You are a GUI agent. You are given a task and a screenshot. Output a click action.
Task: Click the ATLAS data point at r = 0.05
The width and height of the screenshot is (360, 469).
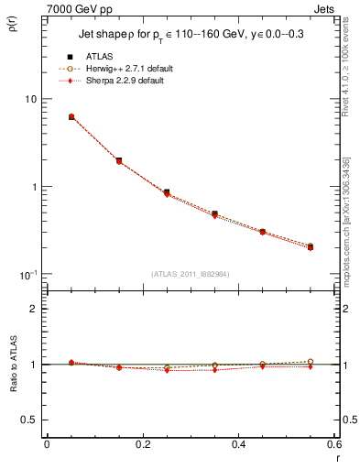(71, 117)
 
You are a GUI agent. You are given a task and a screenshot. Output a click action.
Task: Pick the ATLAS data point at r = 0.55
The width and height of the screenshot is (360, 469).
(311, 246)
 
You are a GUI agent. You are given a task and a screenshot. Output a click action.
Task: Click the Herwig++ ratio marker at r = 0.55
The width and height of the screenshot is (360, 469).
(311, 361)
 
